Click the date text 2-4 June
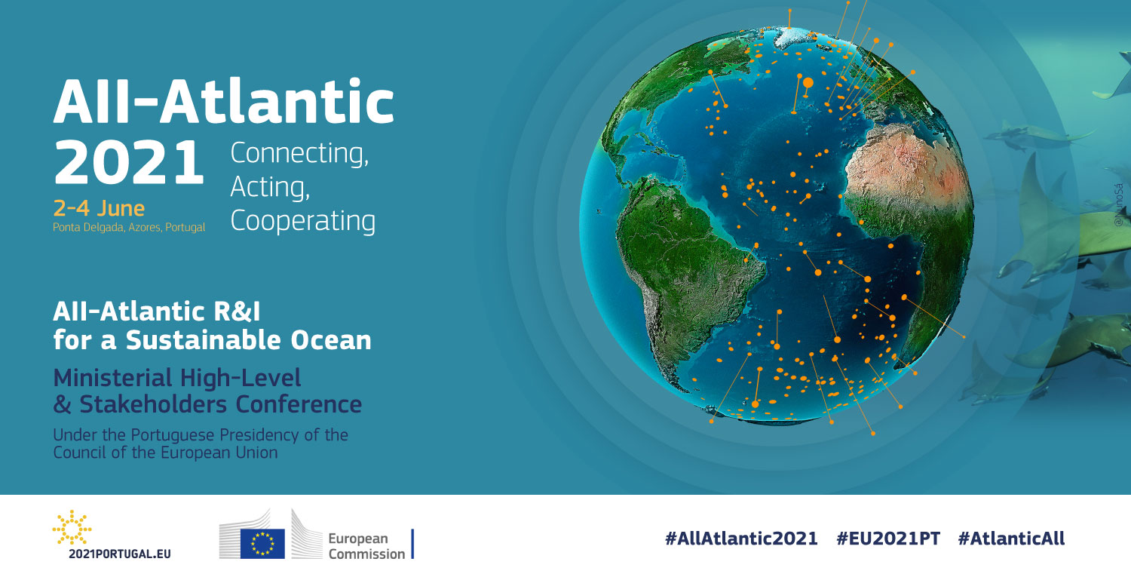(x=99, y=208)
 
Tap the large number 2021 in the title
(x=129, y=162)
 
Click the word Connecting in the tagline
(x=299, y=154)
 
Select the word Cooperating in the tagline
(x=303, y=221)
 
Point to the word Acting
(x=270, y=187)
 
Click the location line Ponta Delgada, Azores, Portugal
(x=129, y=227)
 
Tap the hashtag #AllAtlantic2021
(x=741, y=539)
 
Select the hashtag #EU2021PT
(x=888, y=539)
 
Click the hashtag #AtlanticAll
(x=1011, y=539)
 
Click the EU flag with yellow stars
(x=262, y=544)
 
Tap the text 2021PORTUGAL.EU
(x=120, y=554)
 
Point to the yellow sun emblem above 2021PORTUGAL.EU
(x=72, y=527)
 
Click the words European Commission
(x=366, y=546)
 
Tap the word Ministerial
(x=113, y=378)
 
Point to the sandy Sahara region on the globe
(x=904, y=161)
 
